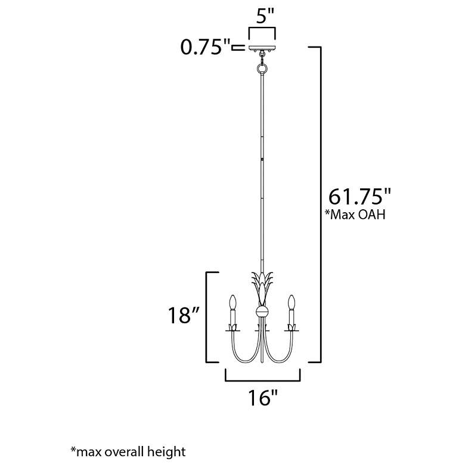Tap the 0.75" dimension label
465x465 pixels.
205,47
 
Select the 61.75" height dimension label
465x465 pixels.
359,196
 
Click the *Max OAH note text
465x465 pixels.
355,215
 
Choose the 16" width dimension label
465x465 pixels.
262,398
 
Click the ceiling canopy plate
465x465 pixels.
262,49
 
